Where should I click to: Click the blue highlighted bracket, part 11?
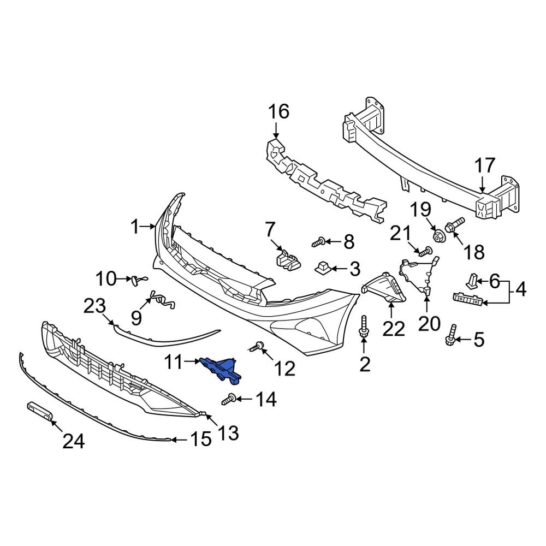(x=221, y=369)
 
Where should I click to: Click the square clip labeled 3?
(x=322, y=268)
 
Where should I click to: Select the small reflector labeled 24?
(x=39, y=411)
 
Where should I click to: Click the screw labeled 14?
(x=230, y=400)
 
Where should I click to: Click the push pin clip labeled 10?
(x=136, y=280)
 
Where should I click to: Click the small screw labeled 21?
(x=426, y=251)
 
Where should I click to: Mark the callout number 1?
(x=135, y=227)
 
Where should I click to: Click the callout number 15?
(x=200, y=439)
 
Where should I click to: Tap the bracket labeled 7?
(x=287, y=258)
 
